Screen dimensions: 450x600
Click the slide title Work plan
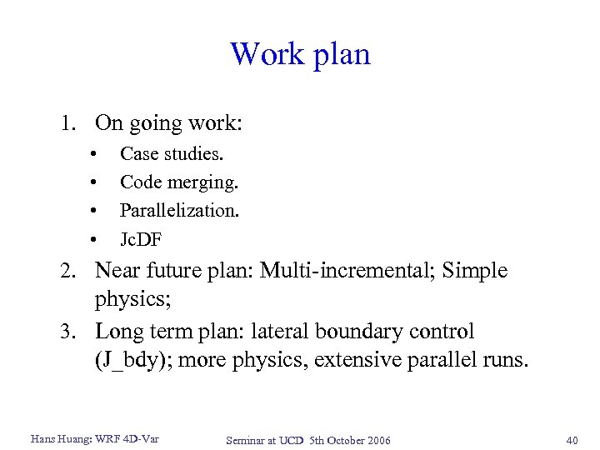click(300, 55)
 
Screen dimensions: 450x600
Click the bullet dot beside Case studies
click(97, 154)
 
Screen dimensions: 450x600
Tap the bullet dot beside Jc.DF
click(97, 241)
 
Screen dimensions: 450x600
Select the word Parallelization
click(179, 211)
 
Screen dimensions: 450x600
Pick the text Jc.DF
click(141, 240)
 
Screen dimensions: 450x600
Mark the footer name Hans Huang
click(57, 439)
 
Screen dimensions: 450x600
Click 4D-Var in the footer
click(140, 439)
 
